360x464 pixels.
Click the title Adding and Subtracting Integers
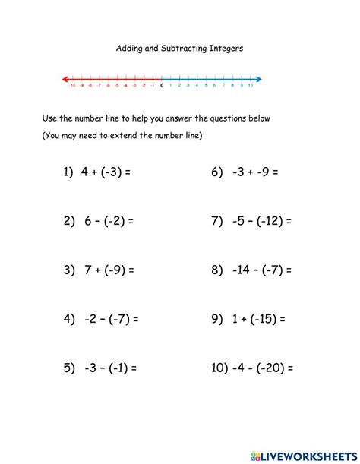(x=179, y=47)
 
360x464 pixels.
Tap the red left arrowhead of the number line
(x=65, y=78)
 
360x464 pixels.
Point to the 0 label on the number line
(x=162, y=86)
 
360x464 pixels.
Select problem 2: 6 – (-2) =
(x=99, y=221)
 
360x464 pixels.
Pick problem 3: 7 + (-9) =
(x=99, y=270)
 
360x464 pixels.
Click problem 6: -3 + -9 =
(x=245, y=172)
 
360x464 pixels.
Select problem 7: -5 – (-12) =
(x=251, y=221)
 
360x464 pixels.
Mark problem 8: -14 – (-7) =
(x=251, y=270)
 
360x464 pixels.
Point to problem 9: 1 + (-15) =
(x=248, y=319)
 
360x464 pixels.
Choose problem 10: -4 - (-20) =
(x=252, y=368)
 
